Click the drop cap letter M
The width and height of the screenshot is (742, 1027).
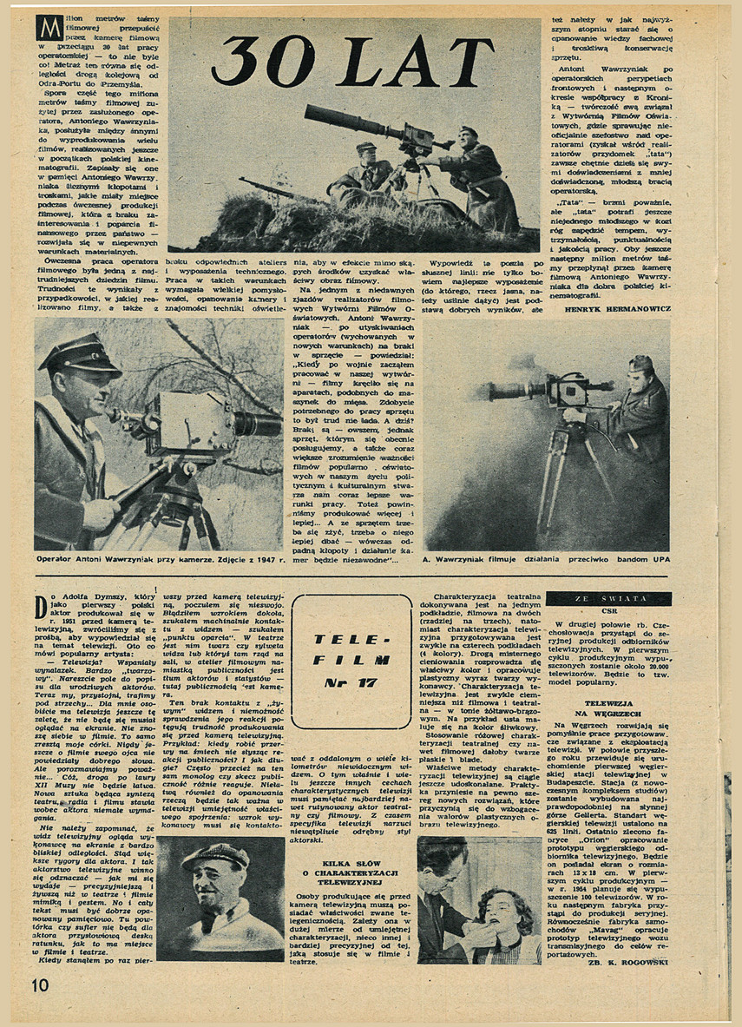point(48,29)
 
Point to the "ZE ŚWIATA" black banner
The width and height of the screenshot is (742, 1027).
point(608,599)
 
